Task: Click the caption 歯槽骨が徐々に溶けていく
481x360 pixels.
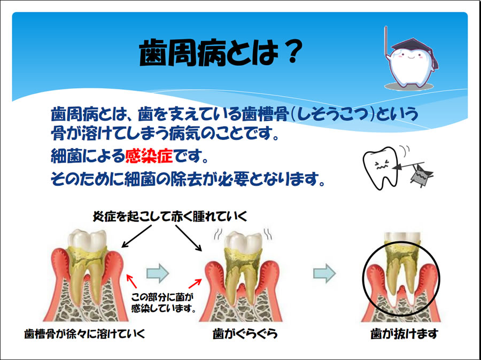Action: click(x=85, y=335)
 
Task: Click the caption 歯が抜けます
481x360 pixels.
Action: click(x=404, y=335)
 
